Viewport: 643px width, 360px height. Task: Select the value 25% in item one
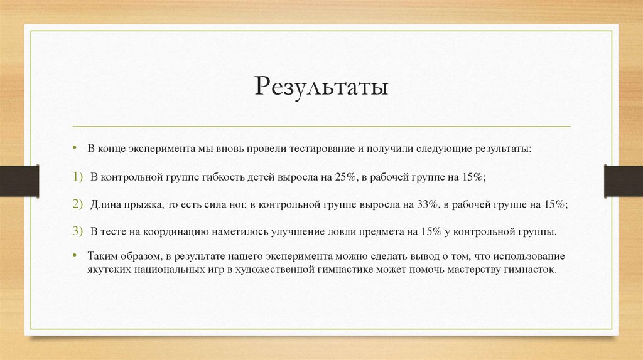[345, 177]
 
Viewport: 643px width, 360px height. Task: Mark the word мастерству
[470, 269]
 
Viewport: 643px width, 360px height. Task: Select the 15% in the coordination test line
[432, 231]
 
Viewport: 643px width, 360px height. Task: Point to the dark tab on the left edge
[19, 181]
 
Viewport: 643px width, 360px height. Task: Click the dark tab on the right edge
[623, 181]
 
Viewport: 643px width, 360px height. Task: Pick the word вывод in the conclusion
[422, 257]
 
